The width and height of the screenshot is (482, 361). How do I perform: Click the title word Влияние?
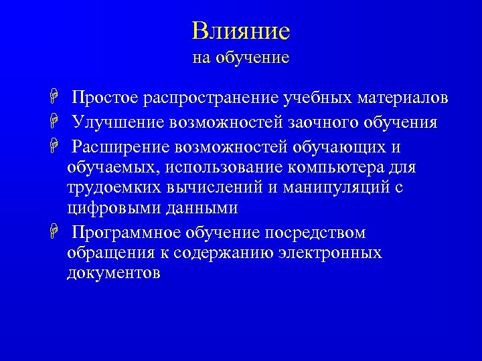point(240,31)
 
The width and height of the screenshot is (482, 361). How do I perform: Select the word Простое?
point(106,99)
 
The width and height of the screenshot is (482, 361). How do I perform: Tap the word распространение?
point(211,99)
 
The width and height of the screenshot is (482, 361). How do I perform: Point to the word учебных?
point(318,99)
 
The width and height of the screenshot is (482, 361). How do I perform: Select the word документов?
point(113,273)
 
